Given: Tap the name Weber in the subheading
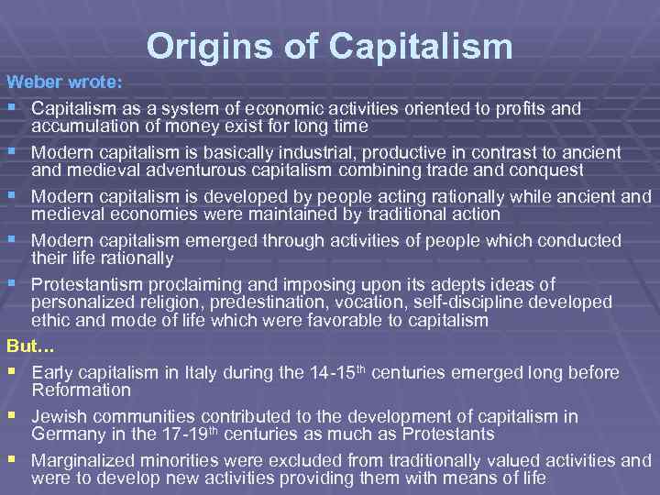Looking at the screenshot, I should (x=32, y=82).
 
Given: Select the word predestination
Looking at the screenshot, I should (x=261, y=302).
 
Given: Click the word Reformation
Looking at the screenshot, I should (x=82, y=390).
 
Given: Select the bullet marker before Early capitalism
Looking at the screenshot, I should (x=11, y=371).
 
